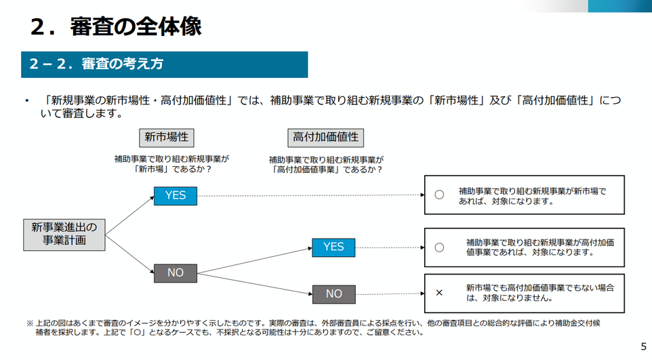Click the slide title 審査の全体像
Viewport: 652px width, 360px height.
pos(136,26)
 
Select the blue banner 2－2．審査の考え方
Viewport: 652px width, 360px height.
pos(164,64)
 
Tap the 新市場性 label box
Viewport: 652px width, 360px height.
pos(166,138)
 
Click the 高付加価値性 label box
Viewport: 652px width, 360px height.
pos(325,138)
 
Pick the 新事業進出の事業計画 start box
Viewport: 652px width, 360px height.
pos(64,235)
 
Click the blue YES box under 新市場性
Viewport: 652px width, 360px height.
pos(176,196)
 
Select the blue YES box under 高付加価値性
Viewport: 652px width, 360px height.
pos(333,247)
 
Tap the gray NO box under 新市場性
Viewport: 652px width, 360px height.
pos(176,273)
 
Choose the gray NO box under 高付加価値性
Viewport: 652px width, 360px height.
pos(334,294)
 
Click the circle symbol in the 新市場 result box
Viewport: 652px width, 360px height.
pos(439,195)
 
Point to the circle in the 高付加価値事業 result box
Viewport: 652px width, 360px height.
pos(439,247)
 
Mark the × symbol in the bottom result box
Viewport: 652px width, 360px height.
pos(439,293)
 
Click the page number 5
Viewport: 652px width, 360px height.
pos(644,346)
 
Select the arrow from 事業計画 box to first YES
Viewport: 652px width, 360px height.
pos(129,216)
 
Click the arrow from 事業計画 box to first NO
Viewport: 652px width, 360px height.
pos(129,254)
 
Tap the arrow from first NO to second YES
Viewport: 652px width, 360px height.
pos(254,260)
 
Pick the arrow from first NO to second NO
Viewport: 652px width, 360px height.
pos(254,284)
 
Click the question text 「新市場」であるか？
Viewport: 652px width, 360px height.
pos(173,169)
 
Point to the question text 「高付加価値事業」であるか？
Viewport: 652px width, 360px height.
pos(327,169)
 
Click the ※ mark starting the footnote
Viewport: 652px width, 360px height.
pos(30,323)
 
